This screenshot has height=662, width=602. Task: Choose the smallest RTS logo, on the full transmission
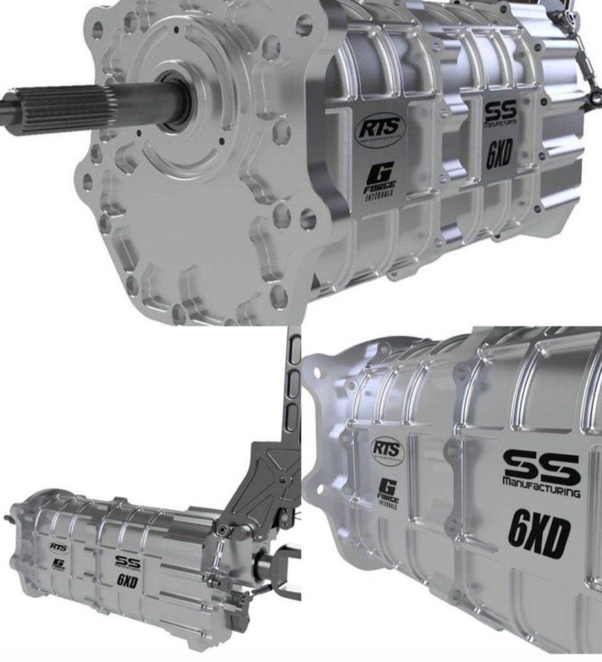[59, 546]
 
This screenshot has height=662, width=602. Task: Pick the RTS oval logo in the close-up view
[388, 450]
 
